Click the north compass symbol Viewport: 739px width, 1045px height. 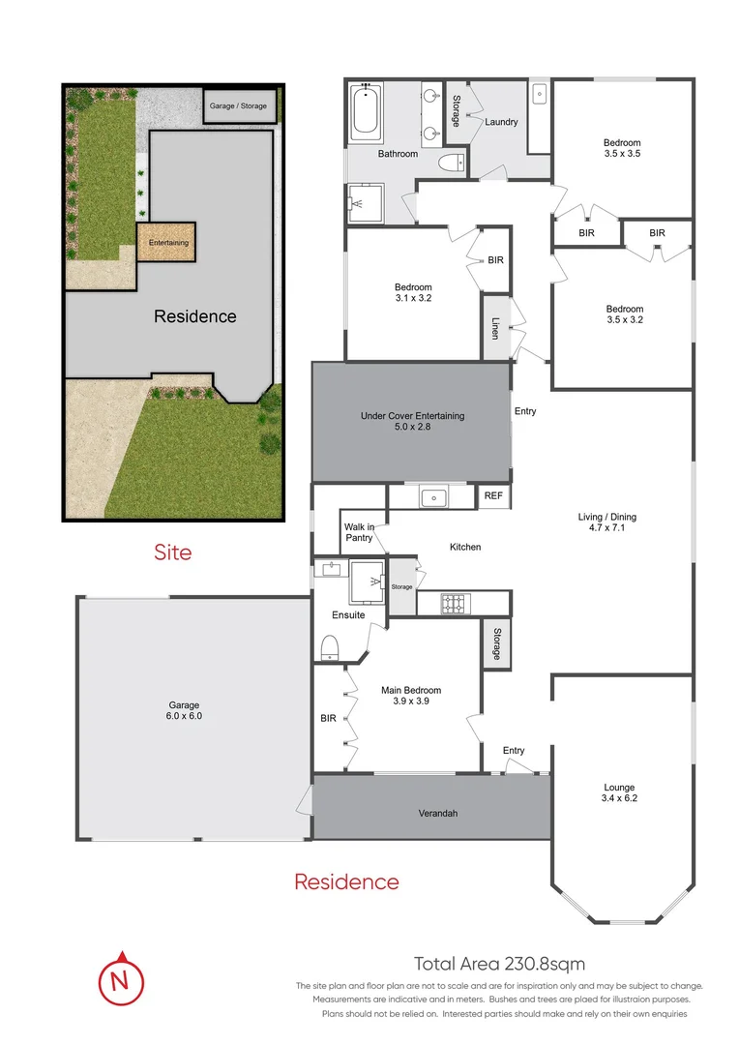pos(120,980)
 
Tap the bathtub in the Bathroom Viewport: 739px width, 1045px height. pos(366,112)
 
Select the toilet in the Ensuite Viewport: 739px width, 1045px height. pos(330,647)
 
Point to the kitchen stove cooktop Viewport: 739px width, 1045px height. pos(452,604)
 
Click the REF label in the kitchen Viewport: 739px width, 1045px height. pos(493,496)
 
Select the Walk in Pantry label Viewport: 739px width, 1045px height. pos(358,531)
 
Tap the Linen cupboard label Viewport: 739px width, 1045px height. pos(495,328)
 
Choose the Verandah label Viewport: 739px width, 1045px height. pos(437,813)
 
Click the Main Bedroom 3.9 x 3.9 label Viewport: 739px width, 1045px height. pos(411,696)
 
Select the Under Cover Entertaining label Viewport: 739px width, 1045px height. pos(412,422)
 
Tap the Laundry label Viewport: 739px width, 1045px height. pos(501,123)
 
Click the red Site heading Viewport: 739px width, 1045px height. pos(173,552)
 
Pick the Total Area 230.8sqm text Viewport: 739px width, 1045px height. pos(499,964)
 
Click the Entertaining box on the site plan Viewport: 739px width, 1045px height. pos(166,242)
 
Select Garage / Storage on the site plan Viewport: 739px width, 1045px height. pos(238,106)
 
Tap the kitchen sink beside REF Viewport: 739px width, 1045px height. pos(432,498)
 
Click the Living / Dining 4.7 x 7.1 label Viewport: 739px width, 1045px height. pos(606,523)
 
